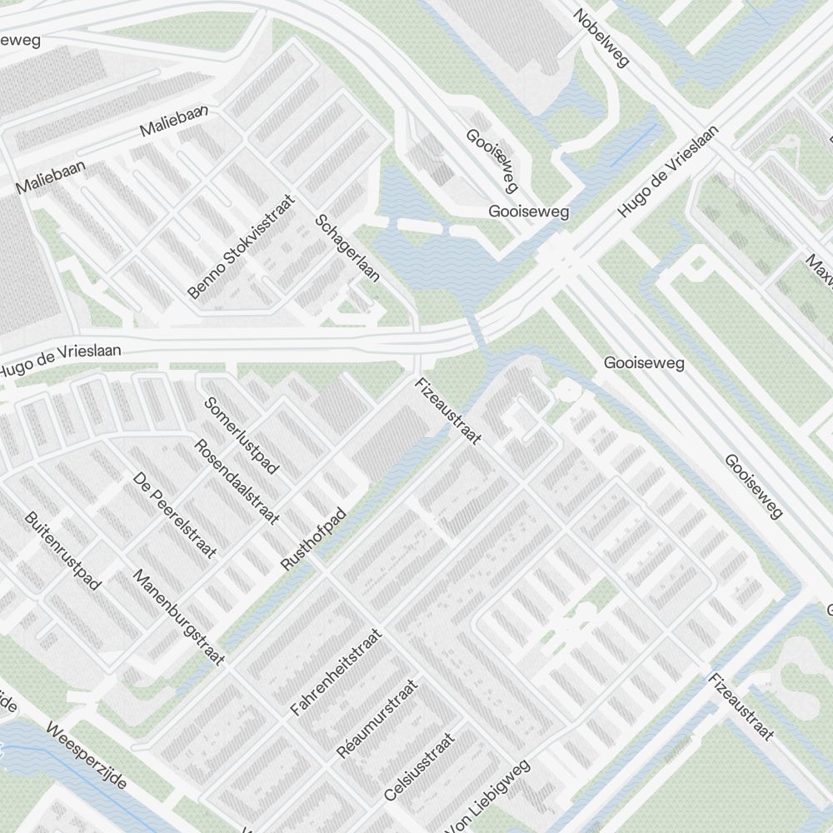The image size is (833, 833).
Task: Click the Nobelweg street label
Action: coord(602,37)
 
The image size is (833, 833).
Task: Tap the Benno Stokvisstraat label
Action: coord(242,247)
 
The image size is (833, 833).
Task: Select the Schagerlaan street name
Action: coord(347,247)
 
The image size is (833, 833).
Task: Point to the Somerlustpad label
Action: coord(242,435)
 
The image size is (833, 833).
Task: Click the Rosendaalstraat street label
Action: coord(237,481)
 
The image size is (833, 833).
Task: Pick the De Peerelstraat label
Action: coord(175,515)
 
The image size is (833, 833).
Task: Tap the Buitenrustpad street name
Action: coord(63,551)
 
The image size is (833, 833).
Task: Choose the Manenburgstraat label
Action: coord(179,617)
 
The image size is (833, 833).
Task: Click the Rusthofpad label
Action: coord(312,539)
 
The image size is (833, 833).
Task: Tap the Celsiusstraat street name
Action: coord(420,766)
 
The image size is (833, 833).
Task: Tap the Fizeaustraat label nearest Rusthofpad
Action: coord(448,412)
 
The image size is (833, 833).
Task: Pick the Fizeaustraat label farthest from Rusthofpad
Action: coord(741,706)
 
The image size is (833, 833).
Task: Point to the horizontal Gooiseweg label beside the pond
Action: coord(529,212)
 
